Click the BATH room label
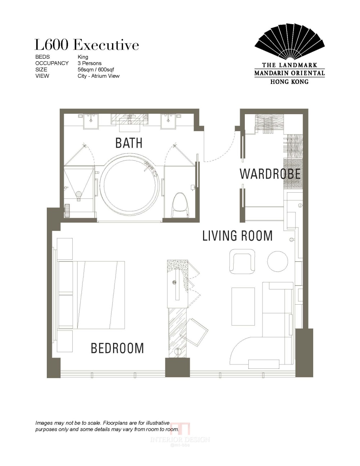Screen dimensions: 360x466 [129, 143]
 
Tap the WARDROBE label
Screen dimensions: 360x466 [270, 174]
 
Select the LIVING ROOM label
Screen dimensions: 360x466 [238, 236]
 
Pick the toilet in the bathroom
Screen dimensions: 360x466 [180, 205]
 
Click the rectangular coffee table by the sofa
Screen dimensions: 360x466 [243, 306]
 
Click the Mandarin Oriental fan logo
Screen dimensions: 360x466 [289, 41]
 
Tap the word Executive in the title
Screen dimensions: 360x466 [106, 45]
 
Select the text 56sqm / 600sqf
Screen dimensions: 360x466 [96, 70]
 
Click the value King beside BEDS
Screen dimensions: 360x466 [83, 57]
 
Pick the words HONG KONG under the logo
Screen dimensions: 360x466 [289, 82]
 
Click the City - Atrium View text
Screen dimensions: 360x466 [99, 76]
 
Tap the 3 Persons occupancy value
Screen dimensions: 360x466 [90, 63]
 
